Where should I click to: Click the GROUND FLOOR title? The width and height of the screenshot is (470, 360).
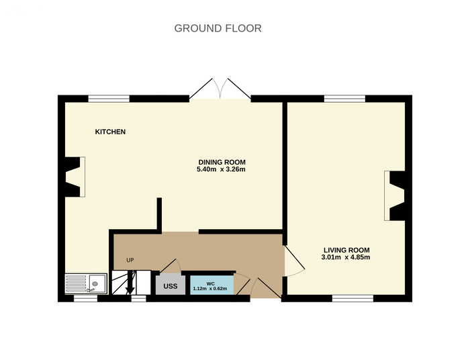[218, 28]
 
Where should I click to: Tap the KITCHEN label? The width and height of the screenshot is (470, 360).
[110, 132]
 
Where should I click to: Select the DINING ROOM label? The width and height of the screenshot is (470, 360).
[222, 162]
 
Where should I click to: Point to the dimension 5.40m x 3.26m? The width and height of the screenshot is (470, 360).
[221, 169]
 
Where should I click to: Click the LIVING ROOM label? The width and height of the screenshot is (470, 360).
[346, 250]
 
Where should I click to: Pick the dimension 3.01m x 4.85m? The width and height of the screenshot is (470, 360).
[346, 257]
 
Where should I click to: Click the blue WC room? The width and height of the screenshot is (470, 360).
[212, 285]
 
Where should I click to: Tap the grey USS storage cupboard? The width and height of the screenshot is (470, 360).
[171, 285]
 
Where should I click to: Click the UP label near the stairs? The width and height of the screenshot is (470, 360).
[130, 260]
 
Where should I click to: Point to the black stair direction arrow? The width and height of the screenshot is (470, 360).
[130, 283]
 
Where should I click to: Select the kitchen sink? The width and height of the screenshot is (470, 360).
[86, 283]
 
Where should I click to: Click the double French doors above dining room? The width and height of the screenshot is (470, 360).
[220, 89]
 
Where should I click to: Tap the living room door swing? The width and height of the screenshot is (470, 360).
[295, 262]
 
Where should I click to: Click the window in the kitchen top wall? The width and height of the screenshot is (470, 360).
[109, 99]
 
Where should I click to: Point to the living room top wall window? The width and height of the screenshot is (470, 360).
[344, 99]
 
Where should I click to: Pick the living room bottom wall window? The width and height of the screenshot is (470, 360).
[352, 298]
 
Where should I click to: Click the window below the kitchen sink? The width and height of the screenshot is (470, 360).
[86, 298]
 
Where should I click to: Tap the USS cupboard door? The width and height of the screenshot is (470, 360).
[171, 266]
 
